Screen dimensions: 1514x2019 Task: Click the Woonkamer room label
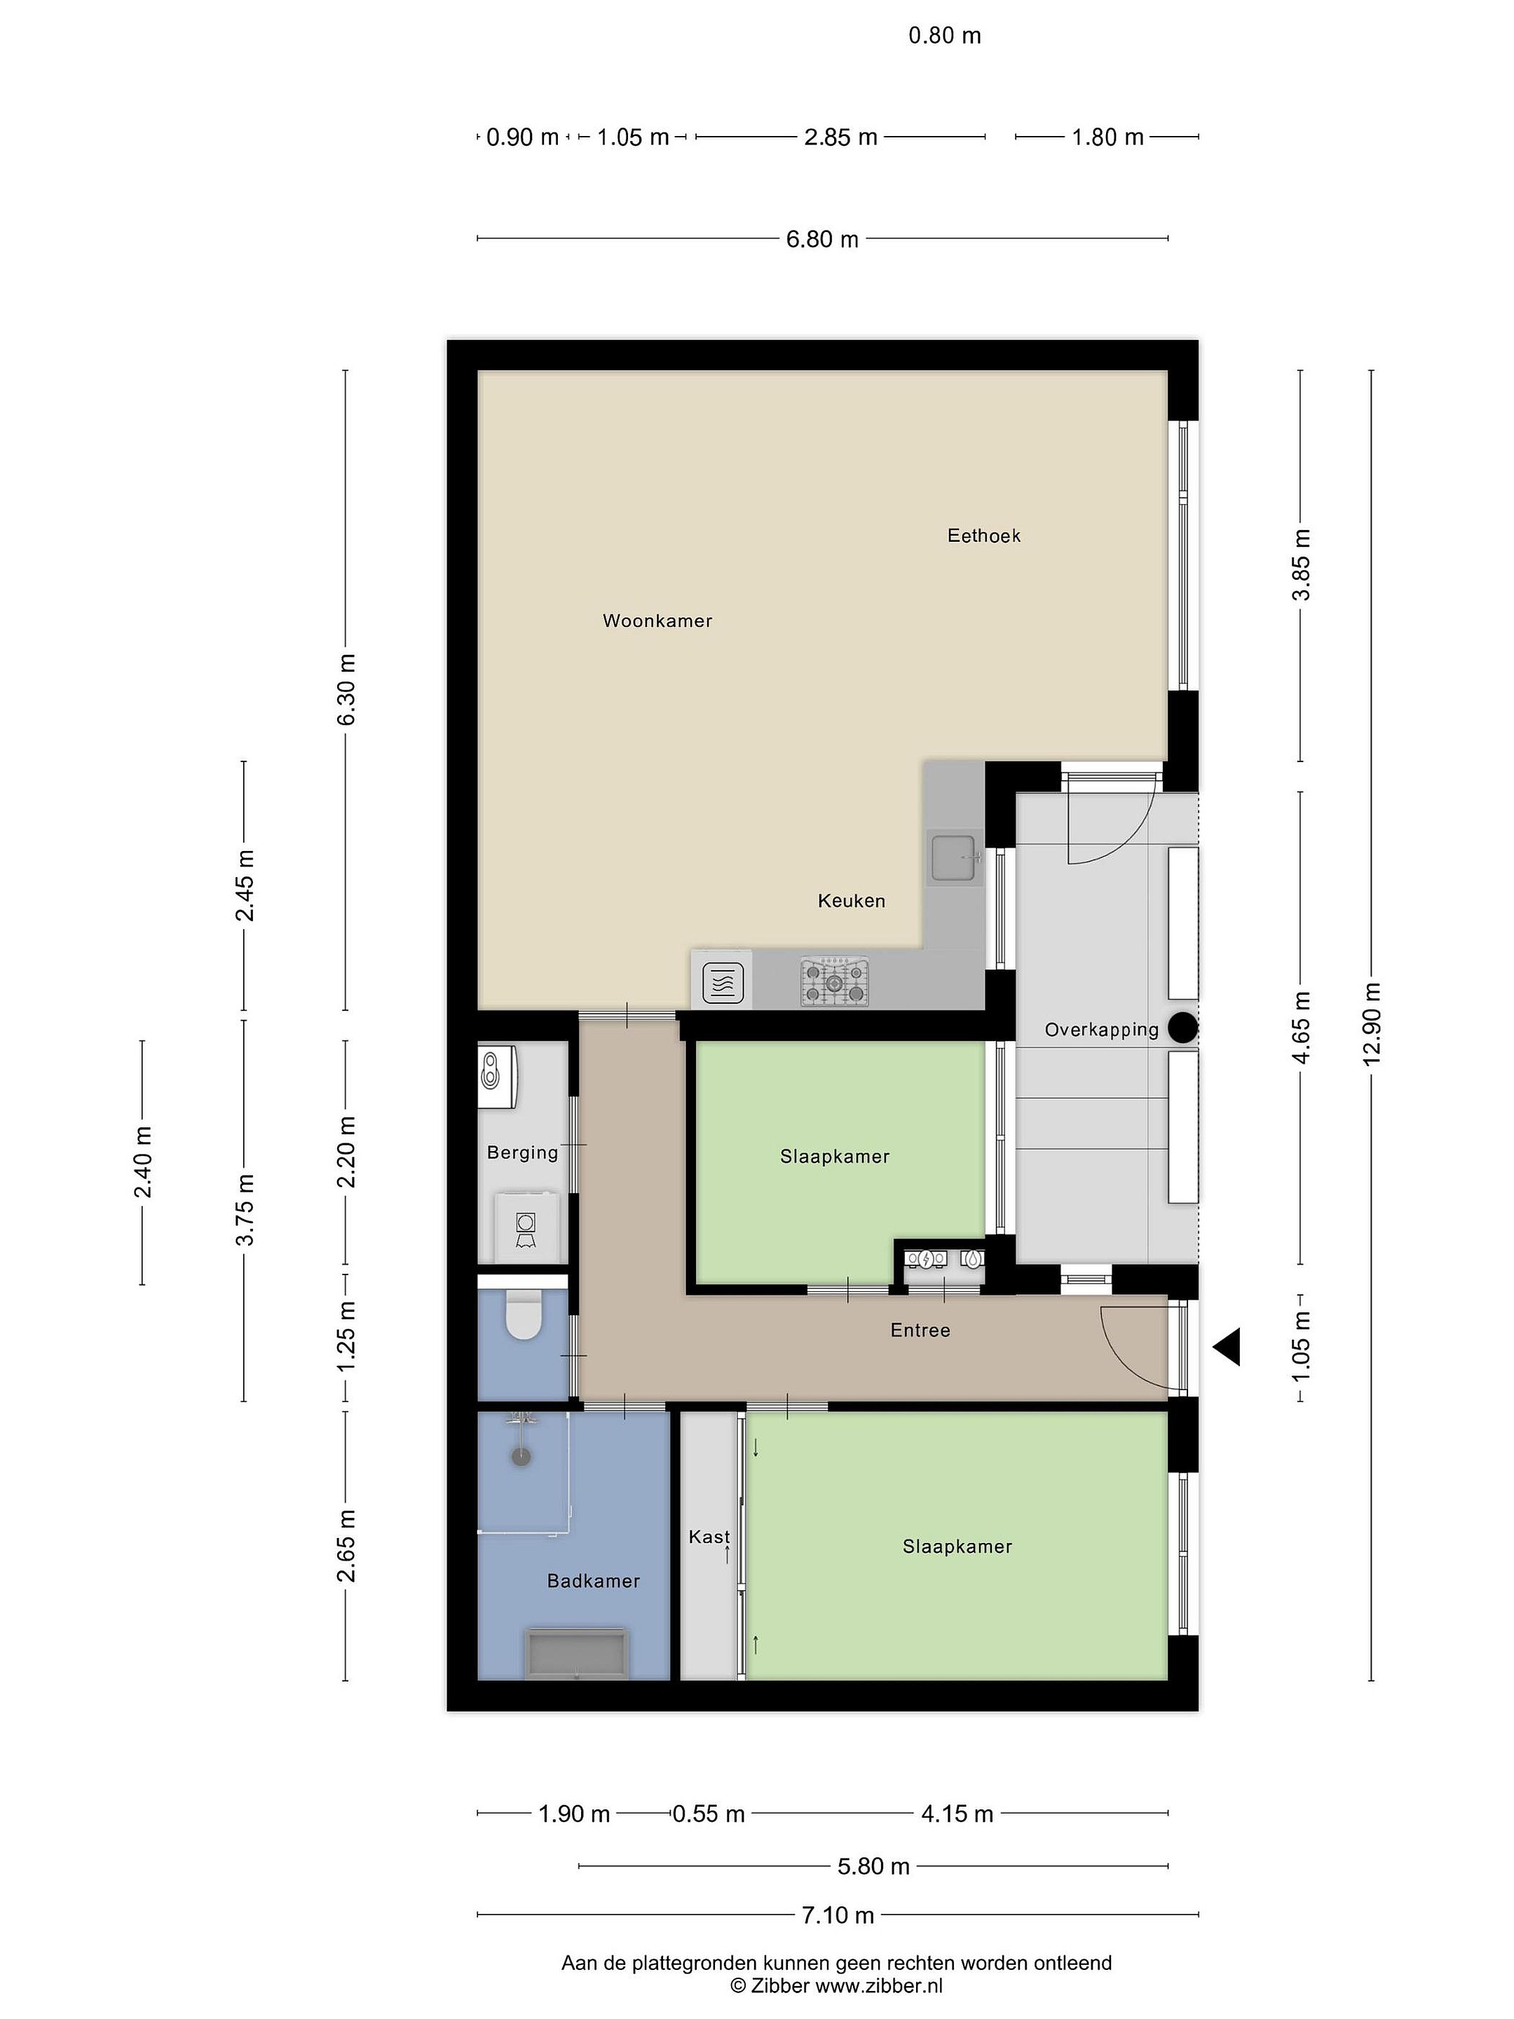tap(657, 620)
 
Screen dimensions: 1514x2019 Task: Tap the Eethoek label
tap(984, 536)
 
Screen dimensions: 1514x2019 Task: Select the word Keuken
tap(852, 901)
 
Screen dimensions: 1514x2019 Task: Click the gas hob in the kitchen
tap(834, 982)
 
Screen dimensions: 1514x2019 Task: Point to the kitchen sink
tap(955, 857)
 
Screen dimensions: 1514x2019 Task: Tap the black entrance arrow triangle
tap(1227, 1347)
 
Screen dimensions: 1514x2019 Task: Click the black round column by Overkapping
tap(1184, 1028)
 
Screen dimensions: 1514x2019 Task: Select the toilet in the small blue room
tap(523, 1314)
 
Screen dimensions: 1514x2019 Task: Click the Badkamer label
tap(593, 1581)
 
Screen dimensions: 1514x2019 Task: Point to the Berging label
tap(522, 1153)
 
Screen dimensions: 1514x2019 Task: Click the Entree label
tap(920, 1331)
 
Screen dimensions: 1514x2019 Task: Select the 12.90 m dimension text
tap(1372, 1024)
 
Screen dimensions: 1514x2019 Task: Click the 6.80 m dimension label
tap(822, 239)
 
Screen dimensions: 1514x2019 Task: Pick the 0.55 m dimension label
tap(709, 1814)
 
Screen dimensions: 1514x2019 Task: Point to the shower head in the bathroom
tap(521, 1456)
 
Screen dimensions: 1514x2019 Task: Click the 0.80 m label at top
tap(945, 36)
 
